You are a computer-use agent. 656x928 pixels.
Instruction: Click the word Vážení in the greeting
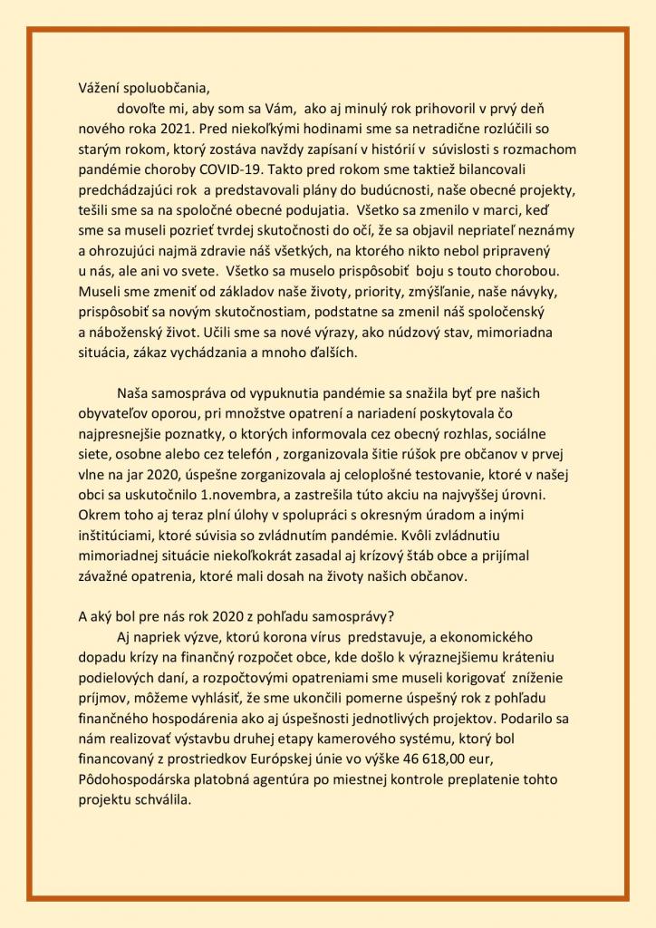click(x=101, y=88)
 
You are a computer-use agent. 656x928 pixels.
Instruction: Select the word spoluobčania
click(x=168, y=88)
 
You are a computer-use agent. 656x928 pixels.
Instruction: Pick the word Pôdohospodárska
click(x=136, y=778)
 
